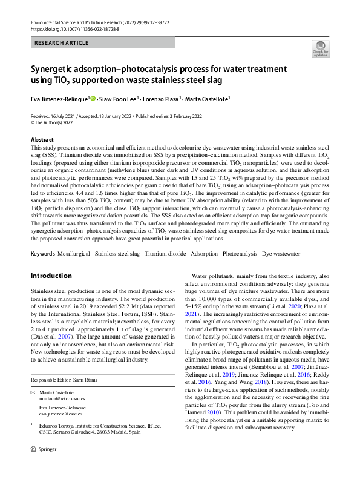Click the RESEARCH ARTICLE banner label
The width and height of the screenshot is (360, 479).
point(62,43)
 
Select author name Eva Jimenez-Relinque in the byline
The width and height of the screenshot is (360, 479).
point(59,99)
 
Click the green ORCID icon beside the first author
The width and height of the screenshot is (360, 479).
point(94,98)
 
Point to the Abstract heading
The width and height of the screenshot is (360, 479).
point(42,140)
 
